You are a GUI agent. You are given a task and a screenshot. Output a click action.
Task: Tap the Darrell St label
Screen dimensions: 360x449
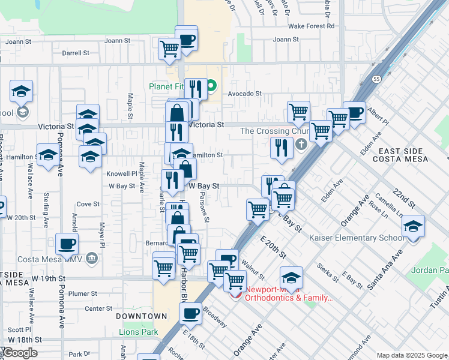[76, 53]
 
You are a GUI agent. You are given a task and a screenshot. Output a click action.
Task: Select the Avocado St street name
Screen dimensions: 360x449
[244, 94]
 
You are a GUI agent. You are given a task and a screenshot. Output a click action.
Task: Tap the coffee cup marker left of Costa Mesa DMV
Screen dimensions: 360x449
[67, 244]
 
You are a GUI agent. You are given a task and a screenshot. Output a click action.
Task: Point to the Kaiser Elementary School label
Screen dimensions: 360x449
[357, 238]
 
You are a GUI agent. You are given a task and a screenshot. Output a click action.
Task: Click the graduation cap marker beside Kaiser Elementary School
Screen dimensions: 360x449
[413, 227]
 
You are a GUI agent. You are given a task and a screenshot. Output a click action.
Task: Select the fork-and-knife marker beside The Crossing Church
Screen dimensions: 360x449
[282, 148]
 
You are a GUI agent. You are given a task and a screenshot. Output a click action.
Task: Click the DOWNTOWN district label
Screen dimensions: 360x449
[141, 316]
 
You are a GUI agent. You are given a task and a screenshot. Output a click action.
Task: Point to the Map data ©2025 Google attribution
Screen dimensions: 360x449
[412, 355]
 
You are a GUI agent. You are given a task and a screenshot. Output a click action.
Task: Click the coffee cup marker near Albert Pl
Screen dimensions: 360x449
[354, 113]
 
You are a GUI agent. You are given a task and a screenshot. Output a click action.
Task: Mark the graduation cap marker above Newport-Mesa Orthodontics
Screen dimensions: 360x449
[291, 278]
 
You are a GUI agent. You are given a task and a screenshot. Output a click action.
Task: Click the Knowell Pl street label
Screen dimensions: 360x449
[123, 173]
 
